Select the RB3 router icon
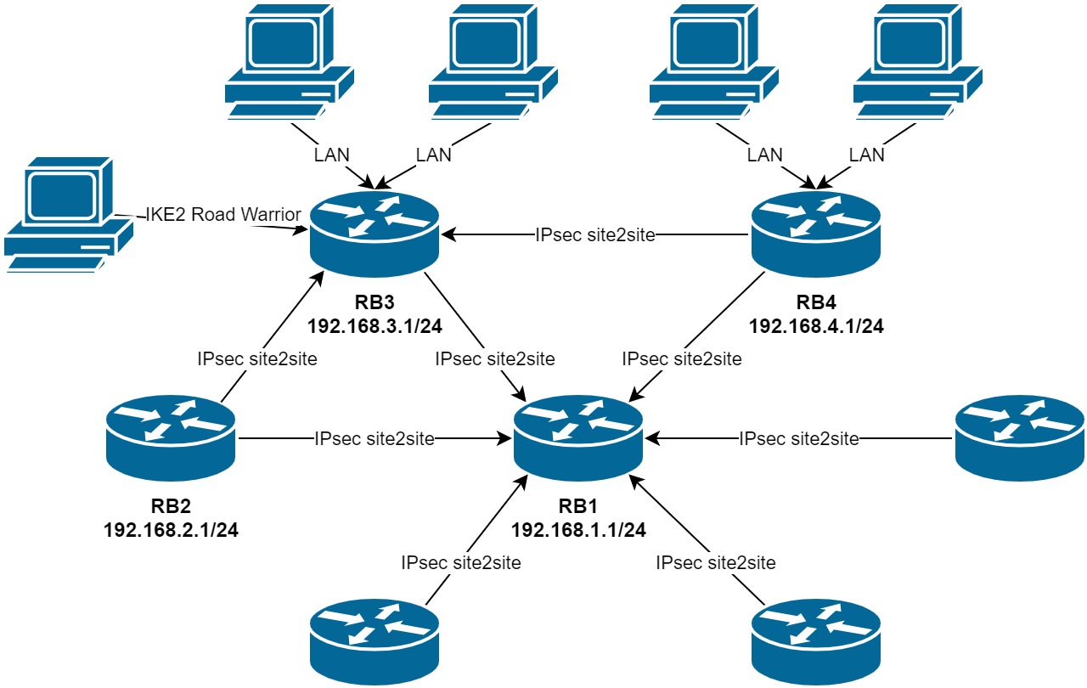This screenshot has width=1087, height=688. click(375, 232)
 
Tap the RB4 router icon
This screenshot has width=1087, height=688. click(816, 232)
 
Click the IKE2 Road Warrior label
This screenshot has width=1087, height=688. click(223, 215)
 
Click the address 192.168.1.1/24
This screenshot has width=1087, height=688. click(578, 530)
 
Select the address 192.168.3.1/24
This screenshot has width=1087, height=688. click(375, 326)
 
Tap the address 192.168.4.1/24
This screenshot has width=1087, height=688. click(816, 326)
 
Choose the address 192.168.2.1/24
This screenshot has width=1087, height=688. click(171, 530)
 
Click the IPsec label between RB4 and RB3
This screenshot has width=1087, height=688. click(595, 235)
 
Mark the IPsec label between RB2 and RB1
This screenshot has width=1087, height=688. click(375, 439)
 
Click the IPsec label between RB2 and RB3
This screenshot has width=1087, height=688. click(256, 358)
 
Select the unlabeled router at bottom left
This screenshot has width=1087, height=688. click(375, 641)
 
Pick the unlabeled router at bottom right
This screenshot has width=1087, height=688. click(816, 641)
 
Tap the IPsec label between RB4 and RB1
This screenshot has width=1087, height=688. click(681, 358)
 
